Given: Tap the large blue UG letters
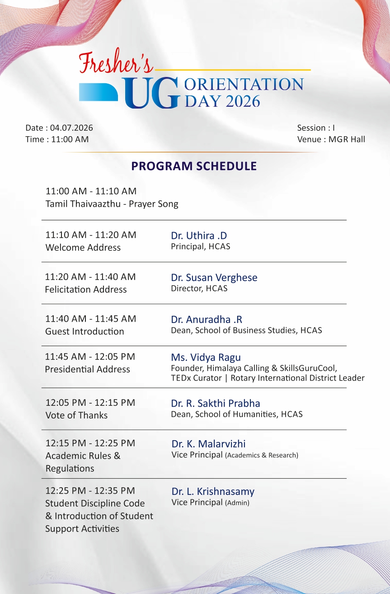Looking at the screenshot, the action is (x=151, y=93).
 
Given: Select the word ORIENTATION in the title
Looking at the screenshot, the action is (x=244, y=84).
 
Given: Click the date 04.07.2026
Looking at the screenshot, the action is (x=71, y=128).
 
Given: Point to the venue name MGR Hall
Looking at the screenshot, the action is (x=347, y=139).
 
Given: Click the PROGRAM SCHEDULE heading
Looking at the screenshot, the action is (x=194, y=166).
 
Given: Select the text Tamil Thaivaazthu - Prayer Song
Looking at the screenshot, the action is (x=112, y=204).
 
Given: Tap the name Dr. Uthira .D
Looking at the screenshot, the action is (x=199, y=236).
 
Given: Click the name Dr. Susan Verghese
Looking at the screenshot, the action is (x=214, y=278).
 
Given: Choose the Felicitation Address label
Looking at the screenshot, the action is (x=86, y=290).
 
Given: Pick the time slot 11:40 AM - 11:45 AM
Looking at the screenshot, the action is (x=91, y=318).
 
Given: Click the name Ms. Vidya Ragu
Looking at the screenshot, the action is (x=206, y=357).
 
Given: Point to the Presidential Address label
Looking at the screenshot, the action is (x=87, y=369).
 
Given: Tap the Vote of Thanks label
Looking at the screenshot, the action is (x=76, y=415).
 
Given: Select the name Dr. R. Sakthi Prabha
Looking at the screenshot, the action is (x=216, y=404).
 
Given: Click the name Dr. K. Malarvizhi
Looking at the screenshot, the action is (x=208, y=444).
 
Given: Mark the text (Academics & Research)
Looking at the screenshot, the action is (x=262, y=455).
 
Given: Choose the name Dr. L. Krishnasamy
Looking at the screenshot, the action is (x=213, y=491).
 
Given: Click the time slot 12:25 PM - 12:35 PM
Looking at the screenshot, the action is (x=90, y=490).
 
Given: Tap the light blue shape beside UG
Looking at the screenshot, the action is (x=99, y=92).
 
